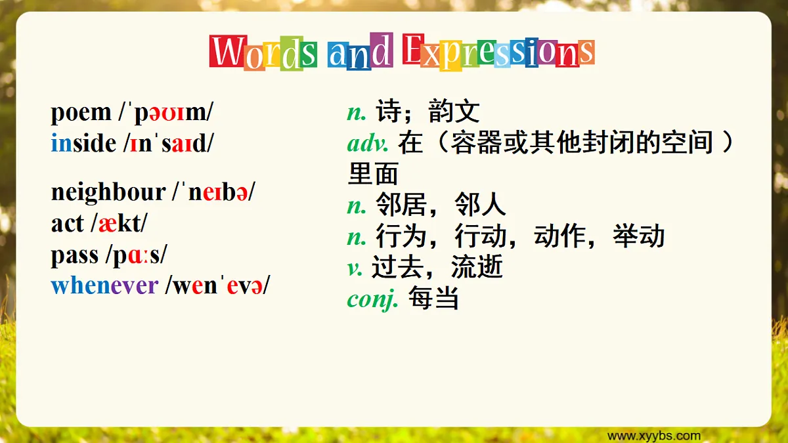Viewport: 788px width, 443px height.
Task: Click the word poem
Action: coord(81,113)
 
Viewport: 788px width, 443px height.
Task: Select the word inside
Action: coord(83,143)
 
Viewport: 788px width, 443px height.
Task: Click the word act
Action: coord(67,224)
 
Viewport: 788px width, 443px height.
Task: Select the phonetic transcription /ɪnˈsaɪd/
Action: coord(168,143)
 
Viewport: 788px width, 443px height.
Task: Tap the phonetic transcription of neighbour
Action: coord(214,192)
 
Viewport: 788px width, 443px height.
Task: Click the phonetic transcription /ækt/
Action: coord(119,224)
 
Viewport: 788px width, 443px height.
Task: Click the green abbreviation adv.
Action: coord(368,143)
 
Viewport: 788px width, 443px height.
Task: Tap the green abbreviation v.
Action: coord(355,268)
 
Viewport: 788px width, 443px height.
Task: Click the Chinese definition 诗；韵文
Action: coord(427,112)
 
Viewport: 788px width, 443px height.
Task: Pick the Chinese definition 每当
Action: coord(433,299)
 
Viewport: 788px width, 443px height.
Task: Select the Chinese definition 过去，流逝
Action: coord(437,268)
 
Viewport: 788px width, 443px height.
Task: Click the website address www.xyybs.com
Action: coord(653,436)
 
